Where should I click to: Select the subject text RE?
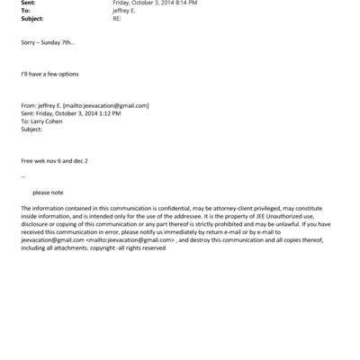click(117, 18)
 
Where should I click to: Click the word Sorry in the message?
click(28, 42)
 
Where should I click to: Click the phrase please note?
click(48, 192)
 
